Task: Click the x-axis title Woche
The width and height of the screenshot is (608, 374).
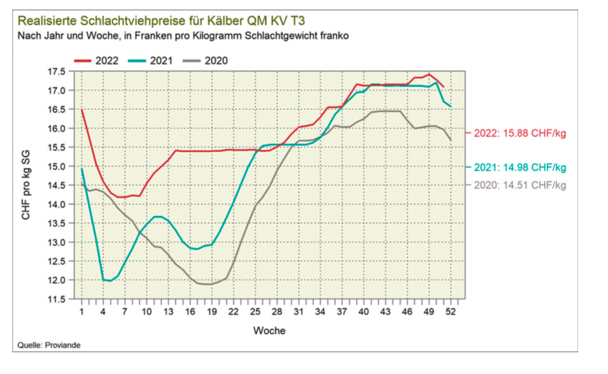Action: pyautogui.click(x=269, y=331)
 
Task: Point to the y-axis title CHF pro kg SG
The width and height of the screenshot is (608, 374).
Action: pyautogui.click(x=26, y=185)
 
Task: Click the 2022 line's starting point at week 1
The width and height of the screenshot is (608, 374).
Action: pyautogui.click(x=81, y=110)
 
